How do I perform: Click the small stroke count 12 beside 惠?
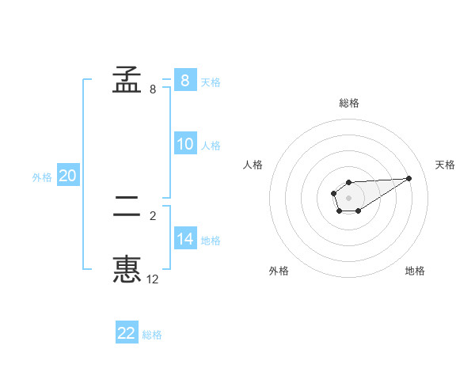point(153,279)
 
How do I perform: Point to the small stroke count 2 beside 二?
point(153,215)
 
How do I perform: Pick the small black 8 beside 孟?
point(153,89)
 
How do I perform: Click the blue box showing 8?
point(184,80)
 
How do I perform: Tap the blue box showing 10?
point(184,144)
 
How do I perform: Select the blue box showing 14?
point(184,238)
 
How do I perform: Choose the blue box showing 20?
point(67,176)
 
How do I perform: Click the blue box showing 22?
point(127,333)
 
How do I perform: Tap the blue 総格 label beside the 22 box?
point(152,335)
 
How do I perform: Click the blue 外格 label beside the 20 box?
point(42,177)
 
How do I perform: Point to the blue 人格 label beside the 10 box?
point(211,146)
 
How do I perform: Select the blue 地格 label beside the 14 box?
point(211,240)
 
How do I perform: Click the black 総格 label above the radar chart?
point(349,103)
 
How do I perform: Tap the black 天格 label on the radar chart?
point(445,165)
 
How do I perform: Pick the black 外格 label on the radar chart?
point(279,271)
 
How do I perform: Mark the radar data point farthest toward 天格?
point(409,178)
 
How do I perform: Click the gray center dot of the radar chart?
point(348,197)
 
